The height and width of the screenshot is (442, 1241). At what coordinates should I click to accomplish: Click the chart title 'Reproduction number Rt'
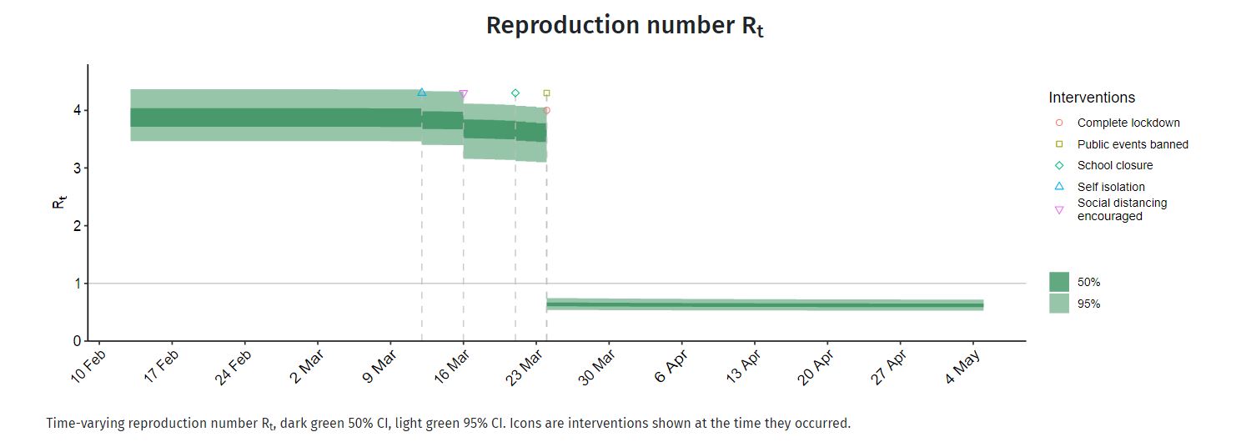(x=625, y=26)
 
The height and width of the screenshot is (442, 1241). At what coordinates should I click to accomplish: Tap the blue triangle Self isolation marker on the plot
(x=422, y=93)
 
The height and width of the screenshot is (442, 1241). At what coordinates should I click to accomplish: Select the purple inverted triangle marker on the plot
(x=464, y=95)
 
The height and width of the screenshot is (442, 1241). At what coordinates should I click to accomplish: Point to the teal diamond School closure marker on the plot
(x=515, y=93)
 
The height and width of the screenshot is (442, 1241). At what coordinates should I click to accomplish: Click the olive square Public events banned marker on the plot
(x=547, y=93)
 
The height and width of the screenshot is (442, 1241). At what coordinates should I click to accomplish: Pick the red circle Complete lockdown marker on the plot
(x=547, y=110)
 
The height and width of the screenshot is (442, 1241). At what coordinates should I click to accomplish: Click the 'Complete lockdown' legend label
(x=1128, y=123)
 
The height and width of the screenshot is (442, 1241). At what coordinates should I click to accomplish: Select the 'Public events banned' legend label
(x=1133, y=144)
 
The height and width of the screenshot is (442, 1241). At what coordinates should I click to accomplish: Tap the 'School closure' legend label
(x=1115, y=165)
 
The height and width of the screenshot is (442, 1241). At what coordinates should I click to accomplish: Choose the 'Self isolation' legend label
(x=1110, y=187)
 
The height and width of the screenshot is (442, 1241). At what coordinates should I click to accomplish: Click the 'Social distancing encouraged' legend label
(x=1122, y=209)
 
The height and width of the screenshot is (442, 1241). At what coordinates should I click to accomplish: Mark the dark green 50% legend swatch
(x=1058, y=282)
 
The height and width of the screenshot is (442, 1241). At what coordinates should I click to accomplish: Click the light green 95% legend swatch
(x=1058, y=304)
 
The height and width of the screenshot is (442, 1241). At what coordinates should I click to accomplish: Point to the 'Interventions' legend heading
(x=1092, y=98)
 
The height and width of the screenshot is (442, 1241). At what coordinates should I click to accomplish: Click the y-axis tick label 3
(x=77, y=168)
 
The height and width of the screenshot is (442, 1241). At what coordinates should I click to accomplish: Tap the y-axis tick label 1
(x=77, y=284)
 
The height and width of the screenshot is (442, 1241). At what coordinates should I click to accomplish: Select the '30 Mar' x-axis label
(x=596, y=368)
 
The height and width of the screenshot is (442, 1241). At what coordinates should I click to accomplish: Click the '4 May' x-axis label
(x=962, y=367)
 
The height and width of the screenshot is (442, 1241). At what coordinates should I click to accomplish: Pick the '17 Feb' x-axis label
(x=161, y=367)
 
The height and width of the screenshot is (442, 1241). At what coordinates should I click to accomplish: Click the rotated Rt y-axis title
(x=58, y=202)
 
